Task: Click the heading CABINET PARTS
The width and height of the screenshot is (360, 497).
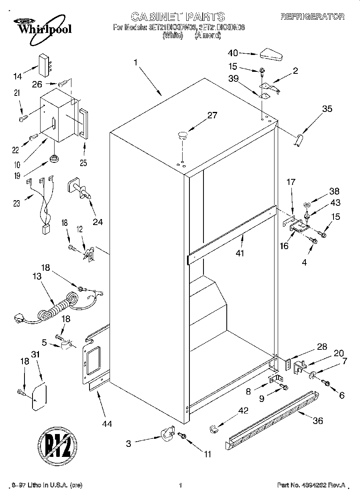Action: click(178, 16)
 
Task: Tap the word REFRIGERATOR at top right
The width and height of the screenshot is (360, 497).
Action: click(312, 16)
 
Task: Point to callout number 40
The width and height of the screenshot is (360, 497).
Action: click(233, 53)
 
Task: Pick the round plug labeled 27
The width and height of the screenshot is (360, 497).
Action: click(183, 134)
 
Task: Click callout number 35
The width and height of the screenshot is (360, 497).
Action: click(327, 108)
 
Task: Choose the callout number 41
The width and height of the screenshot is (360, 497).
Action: click(240, 253)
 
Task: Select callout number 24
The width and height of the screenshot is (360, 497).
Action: click(98, 221)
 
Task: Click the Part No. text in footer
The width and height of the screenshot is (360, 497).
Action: click(311, 485)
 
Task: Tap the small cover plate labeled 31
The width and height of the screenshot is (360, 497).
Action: click(39, 397)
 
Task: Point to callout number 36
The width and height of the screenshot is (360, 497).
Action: click(317, 421)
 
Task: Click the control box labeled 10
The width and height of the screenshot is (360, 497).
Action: click(57, 118)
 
